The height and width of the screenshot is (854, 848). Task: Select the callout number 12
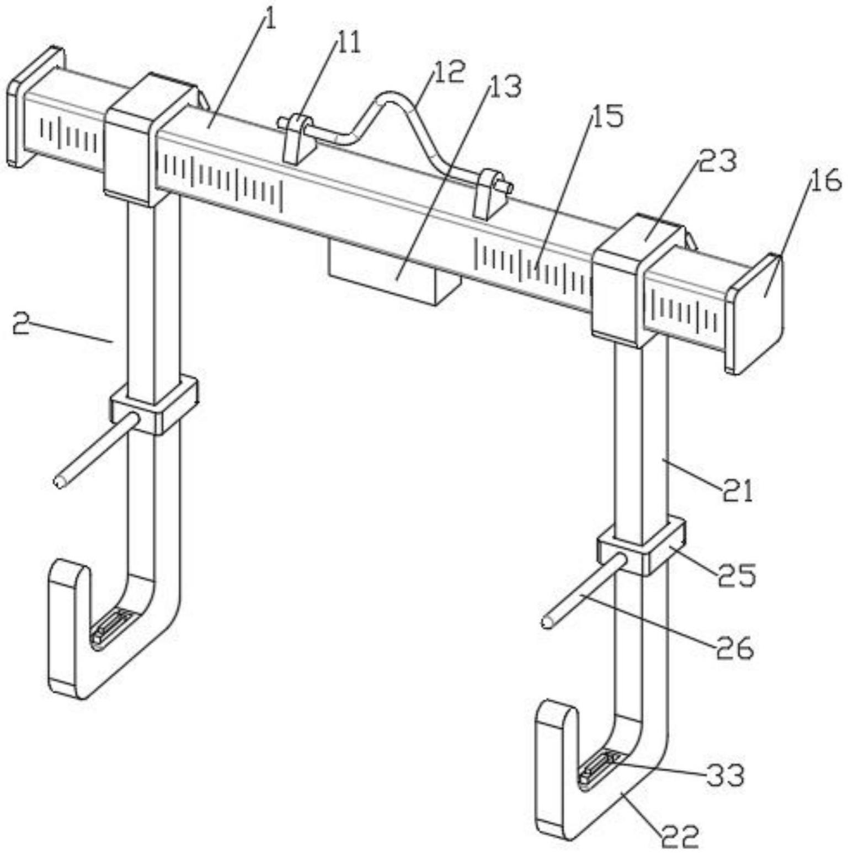point(449,72)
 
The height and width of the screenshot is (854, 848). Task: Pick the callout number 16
point(825,181)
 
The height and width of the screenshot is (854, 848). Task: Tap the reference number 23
point(718,162)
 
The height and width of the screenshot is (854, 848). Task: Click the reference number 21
point(738,490)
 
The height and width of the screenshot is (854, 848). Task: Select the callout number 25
point(736,576)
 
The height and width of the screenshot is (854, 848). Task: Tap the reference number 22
point(680,837)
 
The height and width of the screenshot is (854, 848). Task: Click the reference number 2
point(21,325)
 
